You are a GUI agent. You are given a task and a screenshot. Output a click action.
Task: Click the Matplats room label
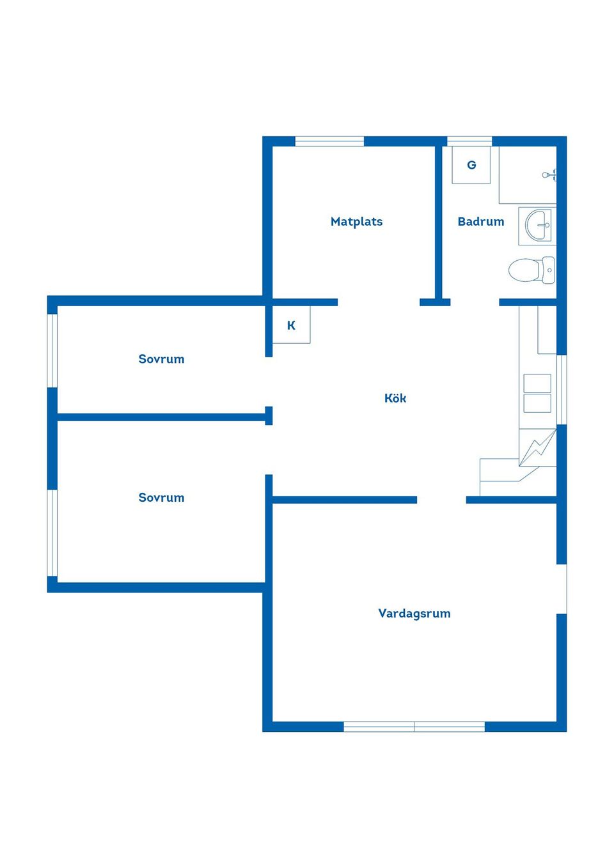point(356,222)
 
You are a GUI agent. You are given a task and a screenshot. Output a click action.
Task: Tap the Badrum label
point(481,222)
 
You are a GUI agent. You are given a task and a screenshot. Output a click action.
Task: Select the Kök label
point(395,398)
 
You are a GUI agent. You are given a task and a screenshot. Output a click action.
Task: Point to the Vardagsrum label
point(414,614)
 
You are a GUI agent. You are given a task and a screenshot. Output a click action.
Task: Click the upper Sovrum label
point(161,359)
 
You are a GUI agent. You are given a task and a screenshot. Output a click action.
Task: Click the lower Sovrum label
point(161,497)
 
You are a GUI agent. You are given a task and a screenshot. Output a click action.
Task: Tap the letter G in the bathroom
point(471,165)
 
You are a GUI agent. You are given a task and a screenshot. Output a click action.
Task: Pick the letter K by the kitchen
point(291,325)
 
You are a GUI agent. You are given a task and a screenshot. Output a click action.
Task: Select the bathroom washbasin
point(539,225)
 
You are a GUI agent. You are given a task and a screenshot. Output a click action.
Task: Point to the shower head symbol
point(549,175)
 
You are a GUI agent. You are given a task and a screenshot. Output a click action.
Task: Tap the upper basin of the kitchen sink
point(537,384)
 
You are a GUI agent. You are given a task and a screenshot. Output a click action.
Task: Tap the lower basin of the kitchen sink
point(537,403)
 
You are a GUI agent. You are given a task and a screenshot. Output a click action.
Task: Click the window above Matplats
point(329,141)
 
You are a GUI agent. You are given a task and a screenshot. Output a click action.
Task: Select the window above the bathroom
point(469,141)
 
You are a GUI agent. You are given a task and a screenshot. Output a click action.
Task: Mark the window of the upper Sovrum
point(52,350)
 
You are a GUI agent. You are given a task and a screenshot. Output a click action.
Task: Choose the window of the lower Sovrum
point(52,533)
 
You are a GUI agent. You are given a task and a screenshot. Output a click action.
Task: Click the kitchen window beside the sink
point(562,389)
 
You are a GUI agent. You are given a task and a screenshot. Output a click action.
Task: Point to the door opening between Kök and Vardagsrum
point(441,500)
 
